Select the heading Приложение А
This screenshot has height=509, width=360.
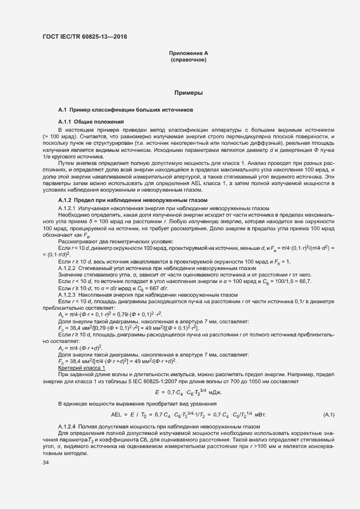pyautogui.click(x=188, y=53)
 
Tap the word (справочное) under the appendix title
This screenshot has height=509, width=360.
pyautogui.click(x=188, y=59)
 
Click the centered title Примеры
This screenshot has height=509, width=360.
pyautogui.click(x=188, y=93)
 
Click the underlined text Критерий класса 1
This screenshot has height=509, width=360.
pyautogui.click(x=82, y=369)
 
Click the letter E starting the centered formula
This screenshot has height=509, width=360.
pyautogui.click(x=157, y=392)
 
